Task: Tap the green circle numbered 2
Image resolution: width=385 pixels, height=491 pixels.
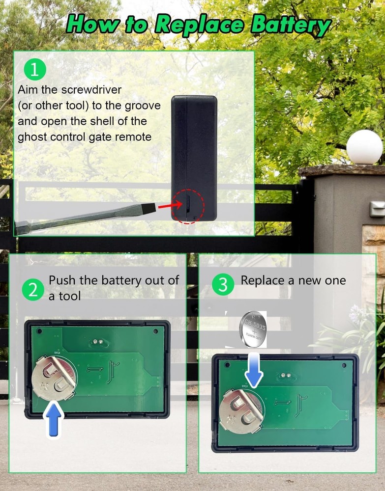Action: [33, 290]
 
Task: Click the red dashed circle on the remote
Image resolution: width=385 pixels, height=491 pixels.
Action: [188, 206]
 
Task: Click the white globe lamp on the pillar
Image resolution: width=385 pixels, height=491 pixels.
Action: [364, 147]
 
